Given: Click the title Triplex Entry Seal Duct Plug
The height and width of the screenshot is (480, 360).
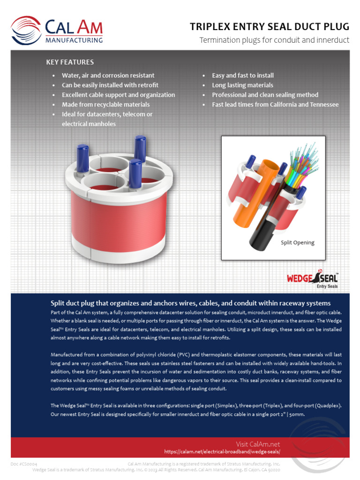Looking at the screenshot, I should tap(269, 27).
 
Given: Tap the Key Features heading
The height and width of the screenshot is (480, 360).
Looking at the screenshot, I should tap(70, 62).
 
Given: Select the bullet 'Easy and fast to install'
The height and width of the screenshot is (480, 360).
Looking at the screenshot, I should tap(242, 75).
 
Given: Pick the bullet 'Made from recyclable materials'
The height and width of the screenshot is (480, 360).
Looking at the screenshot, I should tap(105, 105).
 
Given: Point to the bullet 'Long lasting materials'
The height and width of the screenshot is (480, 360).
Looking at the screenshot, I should tap(242, 85).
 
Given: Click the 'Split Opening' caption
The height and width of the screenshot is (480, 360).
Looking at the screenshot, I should tap(297, 243).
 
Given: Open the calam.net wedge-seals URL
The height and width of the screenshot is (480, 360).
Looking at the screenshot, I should tap(222, 452).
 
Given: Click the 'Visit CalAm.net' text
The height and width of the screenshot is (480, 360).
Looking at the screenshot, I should tap(258, 444).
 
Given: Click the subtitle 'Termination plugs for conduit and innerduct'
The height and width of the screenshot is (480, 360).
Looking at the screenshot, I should tap(274, 40).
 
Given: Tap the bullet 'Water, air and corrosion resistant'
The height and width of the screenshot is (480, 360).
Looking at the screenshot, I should tap(108, 75).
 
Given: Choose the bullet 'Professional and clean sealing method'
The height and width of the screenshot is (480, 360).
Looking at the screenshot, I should tap(265, 95).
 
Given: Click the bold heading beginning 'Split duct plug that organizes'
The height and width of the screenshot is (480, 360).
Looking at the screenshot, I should tap(190, 303).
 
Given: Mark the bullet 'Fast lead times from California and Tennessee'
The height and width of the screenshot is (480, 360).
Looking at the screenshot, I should tap(275, 105).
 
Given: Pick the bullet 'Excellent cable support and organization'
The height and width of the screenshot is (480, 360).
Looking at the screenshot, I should tap(118, 95).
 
